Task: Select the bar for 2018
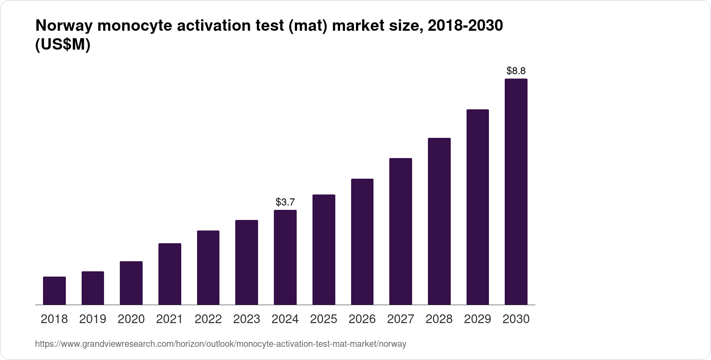(54, 291)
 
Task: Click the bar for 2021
(170, 274)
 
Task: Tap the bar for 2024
(285, 257)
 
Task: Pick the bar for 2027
(401, 231)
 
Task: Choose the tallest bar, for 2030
(516, 192)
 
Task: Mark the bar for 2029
(478, 207)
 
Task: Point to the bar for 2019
(93, 288)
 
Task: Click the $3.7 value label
(285, 202)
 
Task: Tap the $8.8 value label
(516, 71)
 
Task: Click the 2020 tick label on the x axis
(131, 319)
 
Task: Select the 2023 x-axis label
(247, 319)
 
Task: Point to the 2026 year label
(362, 319)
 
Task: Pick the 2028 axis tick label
(439, 319)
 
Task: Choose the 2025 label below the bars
(323, 319)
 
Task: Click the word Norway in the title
(64, 26)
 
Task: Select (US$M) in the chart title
(62, 45)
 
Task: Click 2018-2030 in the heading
(465, 26)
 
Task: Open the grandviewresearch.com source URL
(221, 344)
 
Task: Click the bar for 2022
(208, 268)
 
